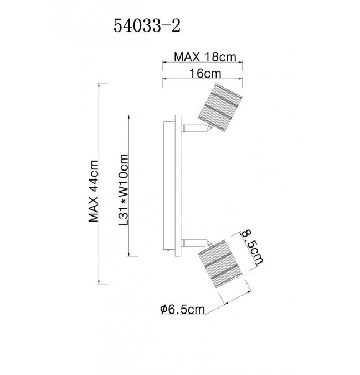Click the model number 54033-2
coord(147,26)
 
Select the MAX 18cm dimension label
coord(205,57)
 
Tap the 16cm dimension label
coord(205,74)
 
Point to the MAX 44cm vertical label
coord(93,191)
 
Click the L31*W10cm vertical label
coord(124,190)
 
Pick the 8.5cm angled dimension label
coord(252,247)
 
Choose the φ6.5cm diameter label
coord(182,309)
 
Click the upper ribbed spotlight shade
coord(220,107)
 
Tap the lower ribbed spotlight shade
coord(221,264)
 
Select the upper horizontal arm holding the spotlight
coord(194,128)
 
